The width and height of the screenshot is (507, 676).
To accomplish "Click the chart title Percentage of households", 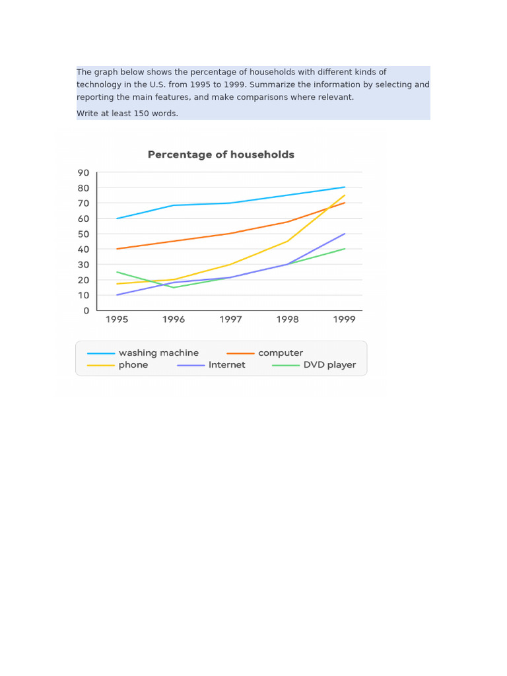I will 220,154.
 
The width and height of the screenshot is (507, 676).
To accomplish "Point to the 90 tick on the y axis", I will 83,173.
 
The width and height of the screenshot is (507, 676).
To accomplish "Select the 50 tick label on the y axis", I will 83,234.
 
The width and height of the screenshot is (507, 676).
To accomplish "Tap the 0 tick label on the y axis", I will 86,311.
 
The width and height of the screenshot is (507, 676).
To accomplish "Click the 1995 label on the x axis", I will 117,320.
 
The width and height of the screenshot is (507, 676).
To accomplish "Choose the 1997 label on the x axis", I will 230,320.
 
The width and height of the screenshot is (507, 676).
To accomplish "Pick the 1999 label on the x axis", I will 344,320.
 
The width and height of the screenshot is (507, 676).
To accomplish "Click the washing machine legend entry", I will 158,353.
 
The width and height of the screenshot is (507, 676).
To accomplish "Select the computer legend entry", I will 281,353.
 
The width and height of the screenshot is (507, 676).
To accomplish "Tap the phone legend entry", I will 133,365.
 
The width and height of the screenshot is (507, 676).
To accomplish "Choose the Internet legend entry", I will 226,365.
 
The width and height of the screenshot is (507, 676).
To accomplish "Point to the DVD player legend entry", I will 329,365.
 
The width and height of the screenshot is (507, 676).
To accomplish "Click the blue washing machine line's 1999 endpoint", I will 344,187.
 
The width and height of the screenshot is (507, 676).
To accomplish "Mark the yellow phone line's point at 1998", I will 287,241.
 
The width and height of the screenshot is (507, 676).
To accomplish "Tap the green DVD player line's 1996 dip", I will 174,287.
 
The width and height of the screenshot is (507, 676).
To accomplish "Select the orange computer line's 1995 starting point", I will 117,249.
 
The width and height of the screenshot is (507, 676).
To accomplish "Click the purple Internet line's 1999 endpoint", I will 344,234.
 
